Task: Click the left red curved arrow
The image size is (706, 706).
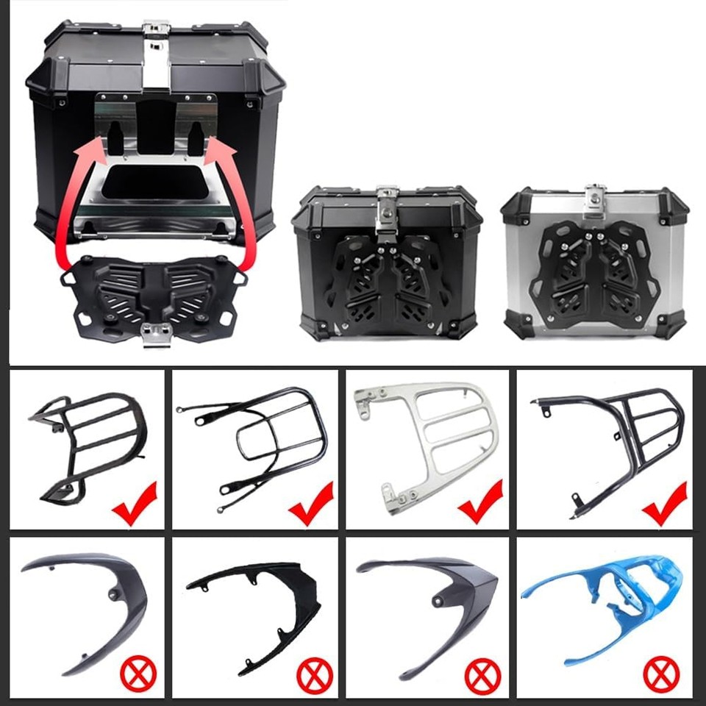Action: pos(68,199)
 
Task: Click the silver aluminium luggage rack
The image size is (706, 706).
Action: pos(427,445)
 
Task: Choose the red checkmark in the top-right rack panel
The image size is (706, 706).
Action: pos(664,502)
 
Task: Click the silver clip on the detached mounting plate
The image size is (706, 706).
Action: pos(155,333)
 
